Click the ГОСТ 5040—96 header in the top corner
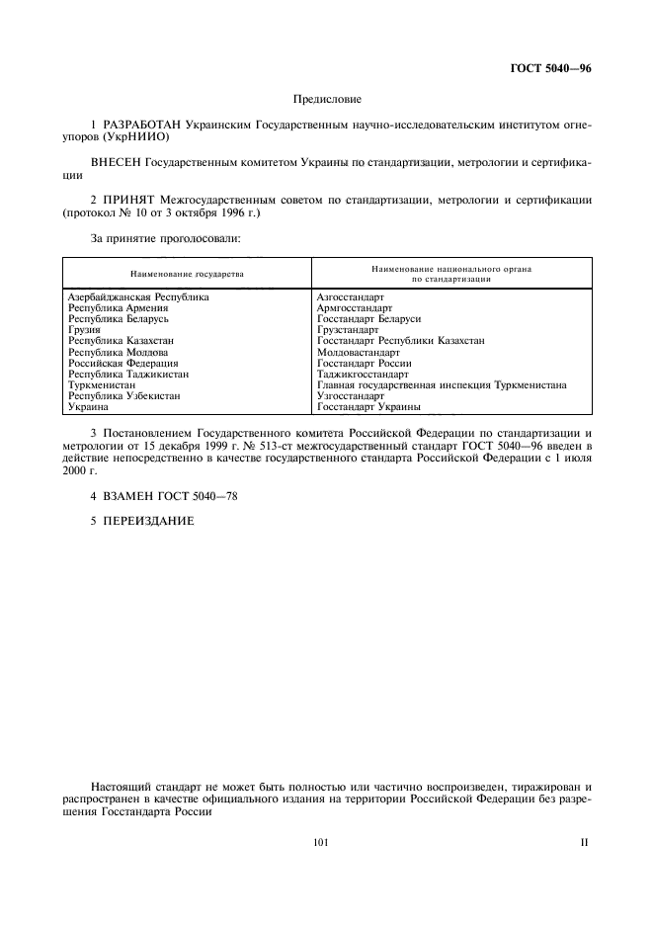(x=549, y=67)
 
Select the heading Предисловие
(x=327, y=99)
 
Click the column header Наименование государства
(x=187, y=274)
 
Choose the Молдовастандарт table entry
(x=358, y=352)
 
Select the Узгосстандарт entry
(x=350, y=395)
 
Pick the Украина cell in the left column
(x=87, y=406)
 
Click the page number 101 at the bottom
(x=319, y=843)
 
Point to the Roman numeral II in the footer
(x=584, y=843)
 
